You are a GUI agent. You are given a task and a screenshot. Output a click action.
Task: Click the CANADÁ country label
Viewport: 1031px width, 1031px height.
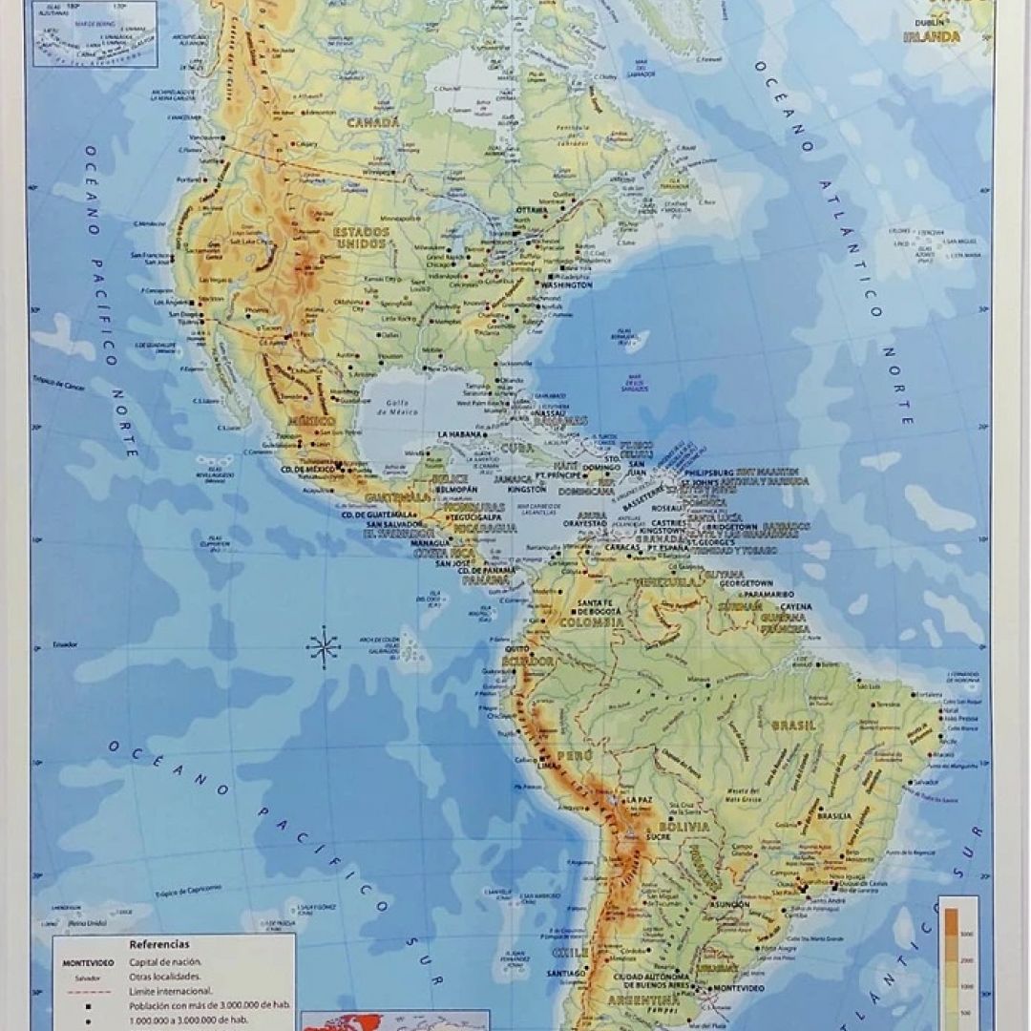pyautogui.click(x=373, y=123)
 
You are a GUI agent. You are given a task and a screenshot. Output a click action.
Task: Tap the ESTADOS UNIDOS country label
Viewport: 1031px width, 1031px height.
pyautogui.click(x=360, y=237)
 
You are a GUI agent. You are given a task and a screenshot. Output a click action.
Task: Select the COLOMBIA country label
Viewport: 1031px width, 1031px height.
pyautogui.click(x=592, y=621)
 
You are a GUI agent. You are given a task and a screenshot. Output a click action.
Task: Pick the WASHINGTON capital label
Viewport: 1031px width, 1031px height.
pyautogui.click(x=565, y=284)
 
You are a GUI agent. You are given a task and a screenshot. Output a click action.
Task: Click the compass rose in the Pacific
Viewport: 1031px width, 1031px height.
pyautogui.click(x=324, y=648)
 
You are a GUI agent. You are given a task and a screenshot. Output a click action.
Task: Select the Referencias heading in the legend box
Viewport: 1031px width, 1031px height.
pyautogui.click(x=159, y=944)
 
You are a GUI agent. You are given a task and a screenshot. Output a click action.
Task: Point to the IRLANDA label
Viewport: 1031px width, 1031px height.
pyautogui.click(x=932, y=37)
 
